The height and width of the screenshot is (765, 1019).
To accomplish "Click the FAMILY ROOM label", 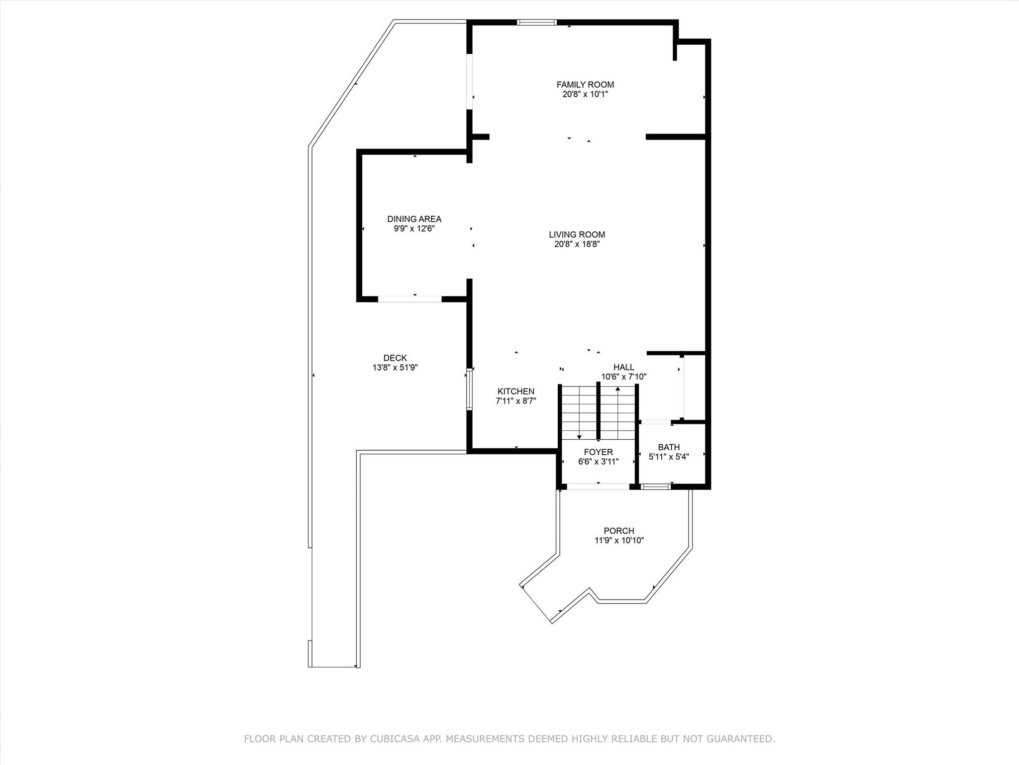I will tap(585, 85).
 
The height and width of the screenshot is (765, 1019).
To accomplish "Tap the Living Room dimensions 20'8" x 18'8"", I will tap(577, 245).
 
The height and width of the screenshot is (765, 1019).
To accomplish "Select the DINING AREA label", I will tap(414, 219).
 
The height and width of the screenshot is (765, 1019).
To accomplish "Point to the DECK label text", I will tap(395, 358).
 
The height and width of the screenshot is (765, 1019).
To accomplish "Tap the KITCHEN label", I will tap(516, 391).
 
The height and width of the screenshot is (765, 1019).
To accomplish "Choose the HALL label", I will tap(623, 368).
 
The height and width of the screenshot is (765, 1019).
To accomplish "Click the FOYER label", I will tap(598, 452).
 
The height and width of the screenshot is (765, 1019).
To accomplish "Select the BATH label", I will tap(669, 447).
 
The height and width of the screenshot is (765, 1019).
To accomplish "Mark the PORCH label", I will tap(619, 531).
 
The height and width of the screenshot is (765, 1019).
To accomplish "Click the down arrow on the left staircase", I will tap(579, 437).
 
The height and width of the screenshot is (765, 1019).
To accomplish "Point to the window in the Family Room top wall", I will tap(536, 22).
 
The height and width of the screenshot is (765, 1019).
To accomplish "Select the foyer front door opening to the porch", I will tap(598, 487).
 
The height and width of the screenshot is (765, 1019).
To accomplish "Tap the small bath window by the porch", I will tap(655, 487).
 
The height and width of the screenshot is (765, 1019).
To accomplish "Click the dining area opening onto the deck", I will tap(410, 299).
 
